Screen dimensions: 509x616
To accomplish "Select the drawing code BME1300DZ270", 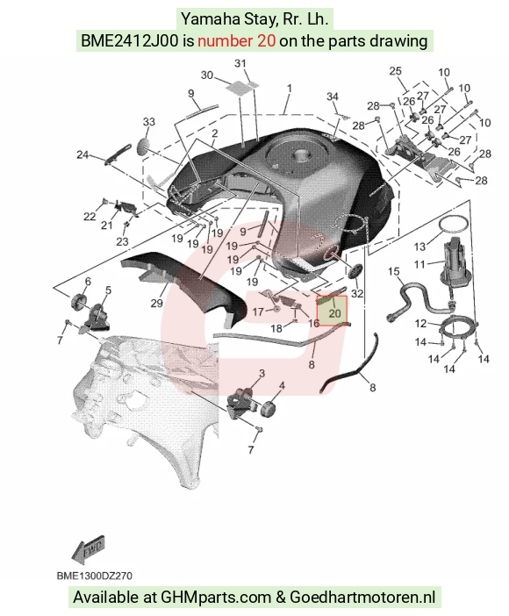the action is [94, 576].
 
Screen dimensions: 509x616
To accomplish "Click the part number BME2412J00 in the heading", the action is [129, 40].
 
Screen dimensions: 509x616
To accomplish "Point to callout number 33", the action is [149, 122].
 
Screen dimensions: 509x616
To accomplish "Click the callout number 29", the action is [156, 304].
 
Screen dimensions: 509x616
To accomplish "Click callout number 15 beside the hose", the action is [393, 271].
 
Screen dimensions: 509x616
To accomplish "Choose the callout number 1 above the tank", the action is [290, 89].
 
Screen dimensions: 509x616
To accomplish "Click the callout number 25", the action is [396, 71].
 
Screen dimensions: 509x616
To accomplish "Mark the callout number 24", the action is [82, 154].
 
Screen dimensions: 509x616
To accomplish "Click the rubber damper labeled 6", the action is [80, 302].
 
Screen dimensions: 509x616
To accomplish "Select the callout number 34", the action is [333, 97].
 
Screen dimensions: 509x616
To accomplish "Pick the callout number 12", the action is [421, 323].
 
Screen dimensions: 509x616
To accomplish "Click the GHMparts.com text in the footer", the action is [216, 598].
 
